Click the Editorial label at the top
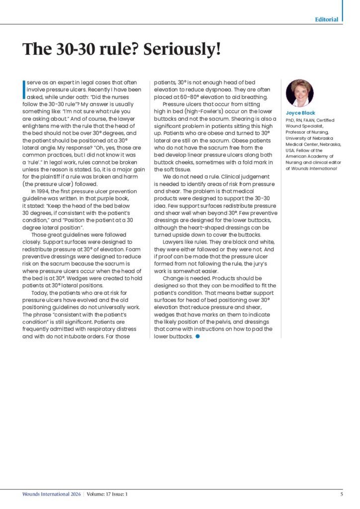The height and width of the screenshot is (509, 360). tap(327, 19)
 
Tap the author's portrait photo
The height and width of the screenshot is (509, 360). tap(299, 93)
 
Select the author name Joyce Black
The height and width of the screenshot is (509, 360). tap(300, 113)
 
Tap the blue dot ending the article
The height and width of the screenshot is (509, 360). tap(198, 337)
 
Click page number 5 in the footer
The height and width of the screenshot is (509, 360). tap(342, 494)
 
